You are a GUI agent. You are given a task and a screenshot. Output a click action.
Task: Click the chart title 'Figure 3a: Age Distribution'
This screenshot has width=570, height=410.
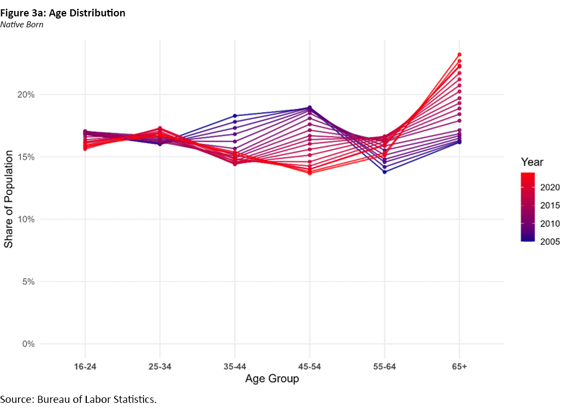[x=63, y=13]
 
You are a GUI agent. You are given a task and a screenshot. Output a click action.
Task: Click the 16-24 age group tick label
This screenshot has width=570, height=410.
[x=85, y=366]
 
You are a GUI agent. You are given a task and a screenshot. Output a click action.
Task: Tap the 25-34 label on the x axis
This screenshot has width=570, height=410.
[x=160, y=366]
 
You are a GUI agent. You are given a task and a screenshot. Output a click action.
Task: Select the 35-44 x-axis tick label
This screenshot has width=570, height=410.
[x=235, y=366]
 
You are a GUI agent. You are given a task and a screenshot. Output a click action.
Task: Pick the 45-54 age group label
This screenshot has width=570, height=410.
[x=310, y=366]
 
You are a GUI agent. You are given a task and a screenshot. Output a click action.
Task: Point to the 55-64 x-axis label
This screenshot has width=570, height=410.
[x=384, y=366]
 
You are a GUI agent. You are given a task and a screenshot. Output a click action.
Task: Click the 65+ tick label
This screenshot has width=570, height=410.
[x=459, y=366]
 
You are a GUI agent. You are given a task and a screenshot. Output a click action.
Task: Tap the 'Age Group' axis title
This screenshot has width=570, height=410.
[x=272, y=379]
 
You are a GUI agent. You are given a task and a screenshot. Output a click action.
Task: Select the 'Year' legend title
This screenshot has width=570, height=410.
[x=531, y=162]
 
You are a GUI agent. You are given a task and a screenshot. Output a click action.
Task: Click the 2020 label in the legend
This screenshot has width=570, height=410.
[x=549, y=188]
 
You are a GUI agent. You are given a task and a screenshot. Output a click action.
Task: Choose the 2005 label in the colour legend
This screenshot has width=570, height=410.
[x=549, y=242]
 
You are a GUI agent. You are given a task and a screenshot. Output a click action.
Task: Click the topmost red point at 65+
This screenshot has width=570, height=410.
[x=460, y=55]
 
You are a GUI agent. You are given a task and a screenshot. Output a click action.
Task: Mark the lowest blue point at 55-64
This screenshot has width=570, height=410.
[x=384, y=172]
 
